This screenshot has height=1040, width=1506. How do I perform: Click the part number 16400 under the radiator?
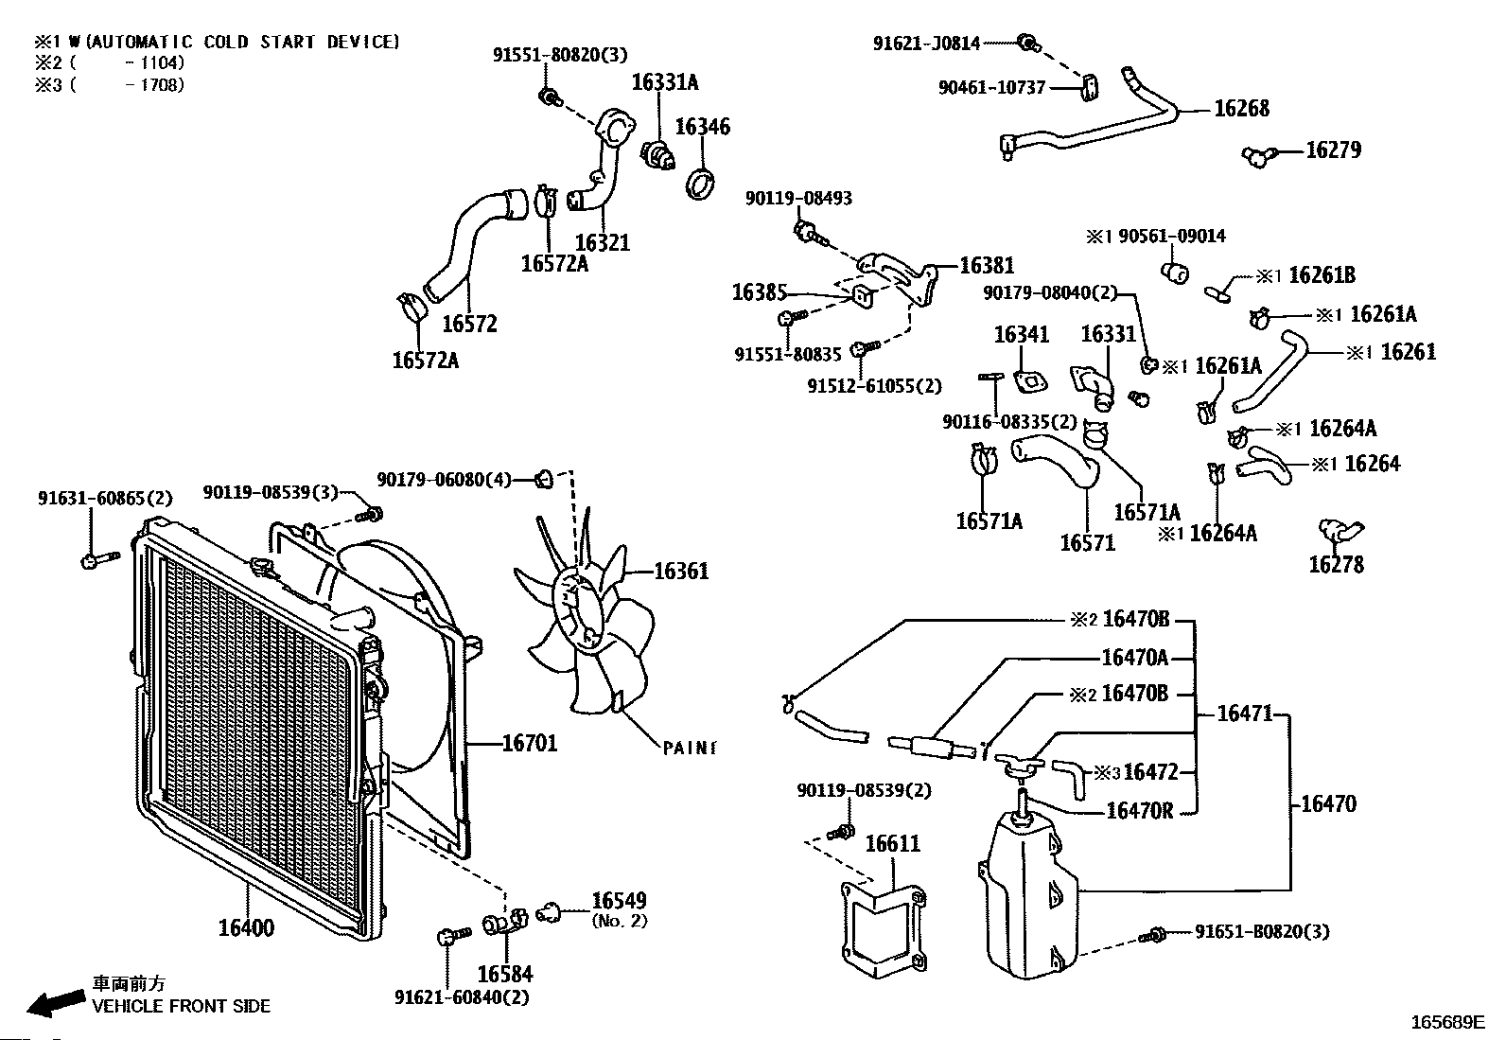pyautogui.click(x=246, y=927)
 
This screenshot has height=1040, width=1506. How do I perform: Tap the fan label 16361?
pyautogui.click(x=681, y=572)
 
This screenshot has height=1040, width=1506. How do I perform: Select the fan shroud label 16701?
pyautogui.click(x=529, y=744)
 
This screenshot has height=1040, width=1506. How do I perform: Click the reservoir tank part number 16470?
pyautogui.click(x=1328, y=804)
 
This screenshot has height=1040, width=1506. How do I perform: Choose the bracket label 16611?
pyautogui.click(x=892, y=843)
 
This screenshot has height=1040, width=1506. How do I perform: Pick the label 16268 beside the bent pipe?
pyautogui.click(x=1241, y=109)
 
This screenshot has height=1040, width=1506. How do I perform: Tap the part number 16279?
pyautogui.click(x=1333, y=150)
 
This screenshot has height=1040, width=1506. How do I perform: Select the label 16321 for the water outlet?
pyautogui.click(x=603, y=243)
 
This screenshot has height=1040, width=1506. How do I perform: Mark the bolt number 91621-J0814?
pyautogui.click(x=926, y=43)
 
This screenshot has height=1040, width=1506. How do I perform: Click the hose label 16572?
pyautogui.click(x=470, y=324)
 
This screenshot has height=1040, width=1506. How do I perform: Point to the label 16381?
pyautogui.click(x=987, y=266)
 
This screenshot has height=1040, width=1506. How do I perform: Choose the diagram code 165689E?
pyautogui.click(x=1447, y=1022)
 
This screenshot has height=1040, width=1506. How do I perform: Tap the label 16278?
pyautogui.click(x=1336, y=565)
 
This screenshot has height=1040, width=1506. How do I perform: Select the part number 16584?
pyautogui.click(x=504, y=974)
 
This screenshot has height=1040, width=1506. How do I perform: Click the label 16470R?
pyautogui.click(x=1139, y=811)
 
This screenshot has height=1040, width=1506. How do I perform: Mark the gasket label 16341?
pyautogui.click(x=1021, y=335)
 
